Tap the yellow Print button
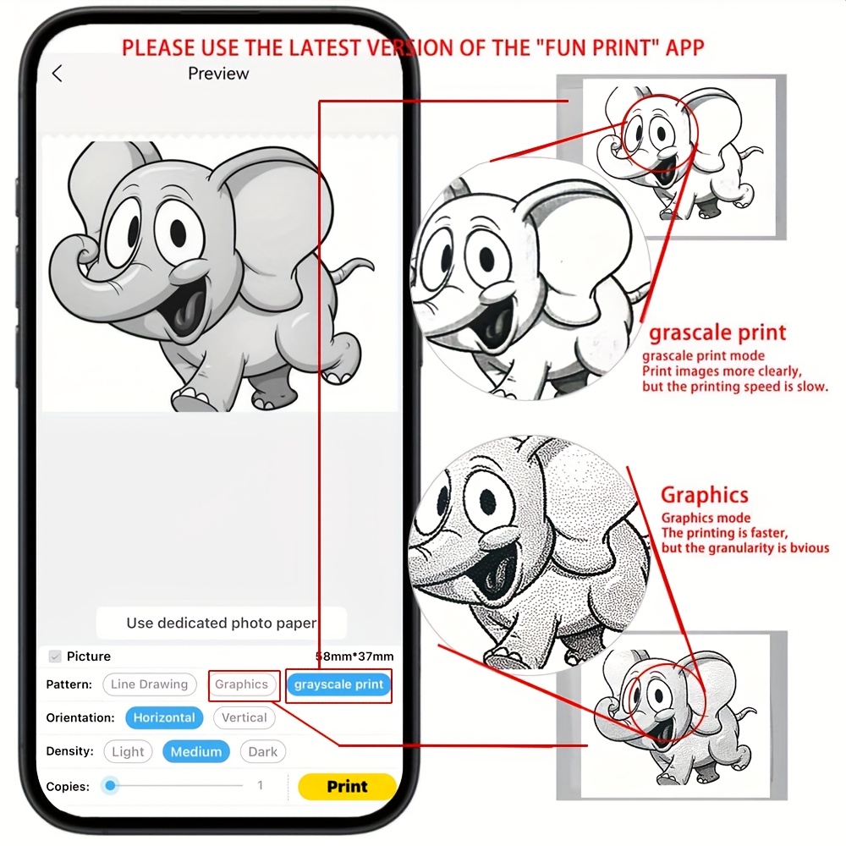point(347,786)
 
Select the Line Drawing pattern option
point(150,684)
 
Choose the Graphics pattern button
point(241,684)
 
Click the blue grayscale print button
point(339,684)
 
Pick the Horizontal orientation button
point(164,717)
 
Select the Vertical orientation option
point(244,717)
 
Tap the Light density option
point(128,751)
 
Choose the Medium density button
point(196,751)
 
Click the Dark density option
point(263,751)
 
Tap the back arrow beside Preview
point(58,74)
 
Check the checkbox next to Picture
point(55,656)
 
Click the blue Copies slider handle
point(110,786)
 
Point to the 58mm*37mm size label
point(354,656)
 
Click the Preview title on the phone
point(218,74)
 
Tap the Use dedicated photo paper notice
point(221,624)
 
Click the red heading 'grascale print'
point(717,332)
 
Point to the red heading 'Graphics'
point(705,495)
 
